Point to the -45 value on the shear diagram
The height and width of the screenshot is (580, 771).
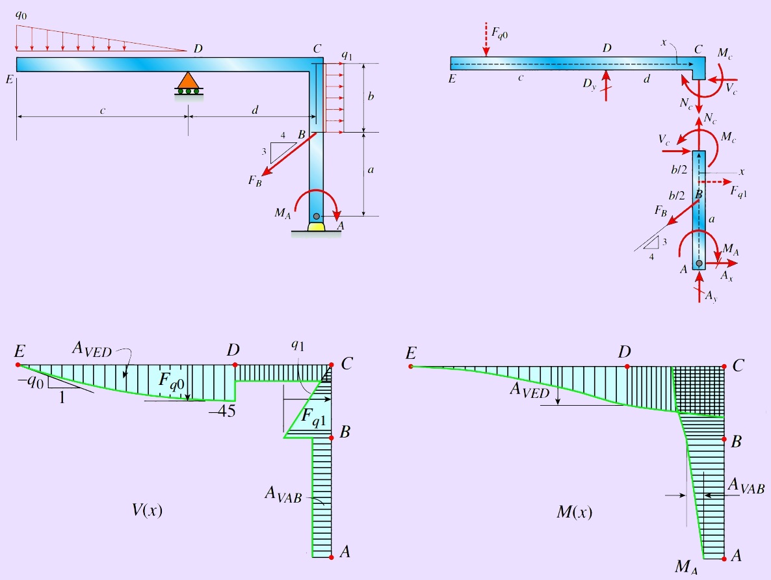[220, 412]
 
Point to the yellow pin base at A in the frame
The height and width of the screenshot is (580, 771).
[316, 227]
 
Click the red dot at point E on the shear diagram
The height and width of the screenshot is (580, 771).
[18, 365]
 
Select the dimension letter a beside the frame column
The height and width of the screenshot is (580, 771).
[371, 170]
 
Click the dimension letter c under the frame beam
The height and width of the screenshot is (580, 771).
[103, 111]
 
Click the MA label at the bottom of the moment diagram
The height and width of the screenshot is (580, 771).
[688, 567]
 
